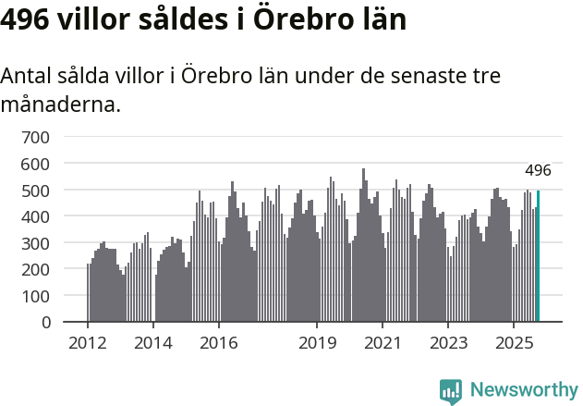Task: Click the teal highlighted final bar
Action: [539, 256]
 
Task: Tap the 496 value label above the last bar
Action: [538, 170]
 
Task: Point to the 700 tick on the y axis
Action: [36, 137]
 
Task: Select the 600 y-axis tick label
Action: [36, 164]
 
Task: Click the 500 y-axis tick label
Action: [36, 191]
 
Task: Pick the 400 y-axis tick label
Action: [36, 216]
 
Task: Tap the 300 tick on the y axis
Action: [36, 243]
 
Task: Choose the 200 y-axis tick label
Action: [36, 270]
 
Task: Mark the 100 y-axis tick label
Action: [36, 297]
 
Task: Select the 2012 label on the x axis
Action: [88, 343]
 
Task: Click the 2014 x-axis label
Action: [153, 343]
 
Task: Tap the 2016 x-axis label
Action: [218, 343]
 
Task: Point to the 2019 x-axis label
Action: [317, 343]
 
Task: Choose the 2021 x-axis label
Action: [383, 343]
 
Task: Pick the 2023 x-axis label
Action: [447, 343]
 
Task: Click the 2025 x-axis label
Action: [513, 343]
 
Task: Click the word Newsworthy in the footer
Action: [524, 389]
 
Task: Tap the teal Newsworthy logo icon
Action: [451, 391]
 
